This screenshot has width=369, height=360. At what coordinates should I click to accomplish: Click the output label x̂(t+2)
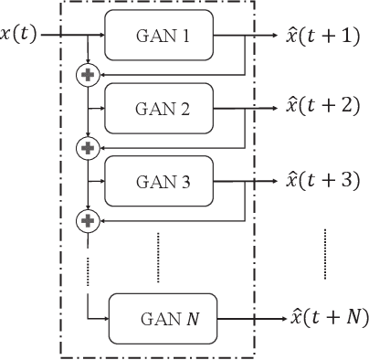tap(322, 108)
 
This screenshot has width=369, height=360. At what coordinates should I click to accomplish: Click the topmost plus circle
tap(88, 74)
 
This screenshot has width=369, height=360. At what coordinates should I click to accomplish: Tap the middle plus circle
tap(88, 146)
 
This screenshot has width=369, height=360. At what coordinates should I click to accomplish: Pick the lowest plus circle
tap(88, 219)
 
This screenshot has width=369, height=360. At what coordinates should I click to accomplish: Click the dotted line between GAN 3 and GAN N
tap(158, 246)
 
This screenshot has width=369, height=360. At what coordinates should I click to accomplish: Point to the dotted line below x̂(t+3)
tap(324, 251)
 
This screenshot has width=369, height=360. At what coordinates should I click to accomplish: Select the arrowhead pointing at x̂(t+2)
tap(275, 109)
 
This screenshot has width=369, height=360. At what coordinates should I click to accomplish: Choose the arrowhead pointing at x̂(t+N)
tap(279, 318)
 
